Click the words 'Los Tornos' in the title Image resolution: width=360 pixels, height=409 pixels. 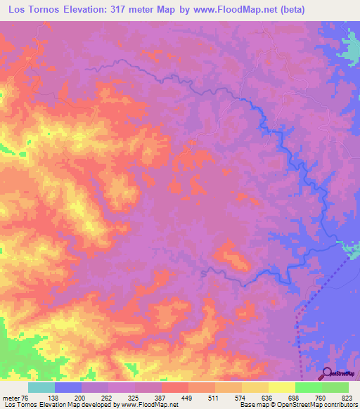pyautogui.click(x=32, y=11)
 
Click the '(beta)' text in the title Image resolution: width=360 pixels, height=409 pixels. pyautogui.click(x=333, y=11)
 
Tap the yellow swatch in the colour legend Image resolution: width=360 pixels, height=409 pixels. pyautogui.click(x=281, y=387)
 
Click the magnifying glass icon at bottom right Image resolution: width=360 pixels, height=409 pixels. pyautogui.click(x=328, y=374)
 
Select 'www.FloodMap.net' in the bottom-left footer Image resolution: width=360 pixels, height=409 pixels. pyautogui.click(x=149, y=405)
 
